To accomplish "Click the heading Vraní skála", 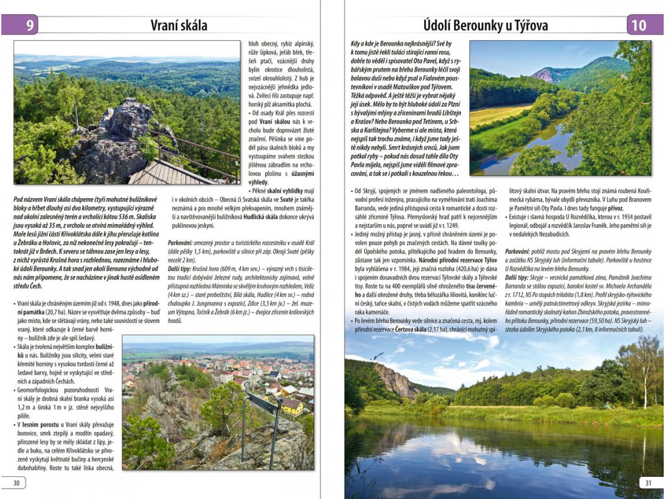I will tap(179, 25).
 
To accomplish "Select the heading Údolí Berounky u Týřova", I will tap(486, 25).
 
